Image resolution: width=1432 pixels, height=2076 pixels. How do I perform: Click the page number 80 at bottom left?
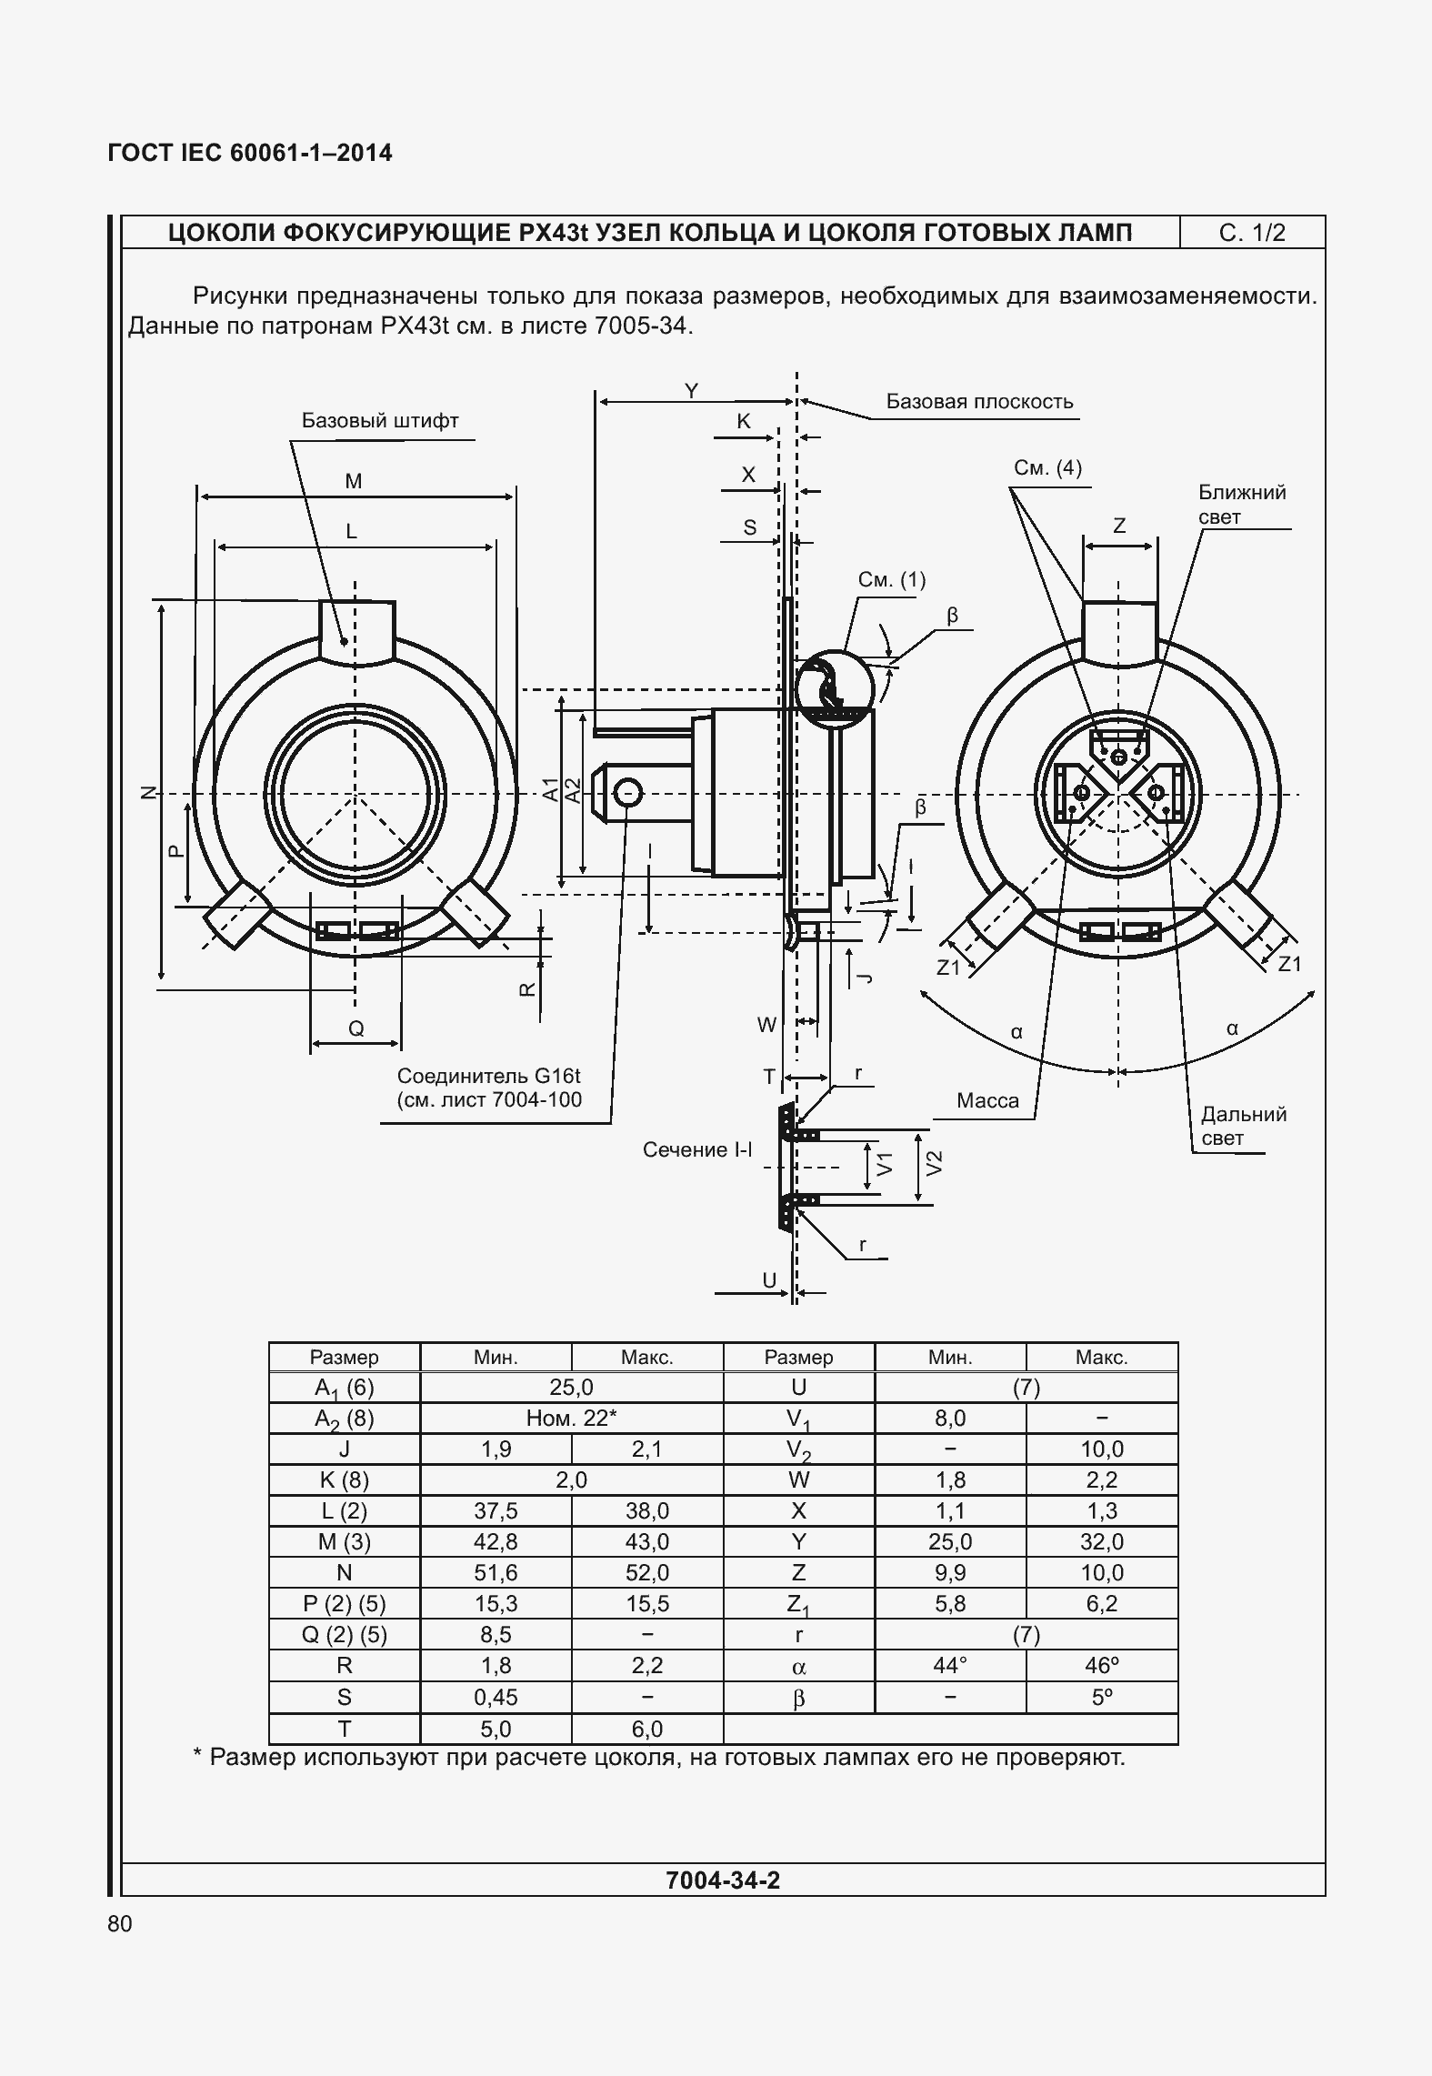120,1923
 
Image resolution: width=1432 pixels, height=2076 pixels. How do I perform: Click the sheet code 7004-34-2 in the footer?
722,1880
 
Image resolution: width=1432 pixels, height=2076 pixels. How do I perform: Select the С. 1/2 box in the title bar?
1252,233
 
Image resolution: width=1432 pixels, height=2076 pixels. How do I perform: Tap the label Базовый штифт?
380,421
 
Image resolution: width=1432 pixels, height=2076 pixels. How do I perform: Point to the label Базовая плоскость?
979,402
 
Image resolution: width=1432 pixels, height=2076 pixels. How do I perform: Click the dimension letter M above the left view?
354,482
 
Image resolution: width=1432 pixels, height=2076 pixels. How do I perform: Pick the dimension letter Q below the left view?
356,1028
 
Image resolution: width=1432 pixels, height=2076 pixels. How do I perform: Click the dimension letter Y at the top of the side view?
691,391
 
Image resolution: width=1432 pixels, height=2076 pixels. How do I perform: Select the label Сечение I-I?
697,1149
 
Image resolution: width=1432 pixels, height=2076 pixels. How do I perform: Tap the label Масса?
987,1100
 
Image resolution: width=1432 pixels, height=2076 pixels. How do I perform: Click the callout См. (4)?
1047,468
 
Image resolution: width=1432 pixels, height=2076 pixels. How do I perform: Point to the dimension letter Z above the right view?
1119,526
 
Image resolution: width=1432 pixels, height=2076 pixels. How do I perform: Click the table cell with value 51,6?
496,1572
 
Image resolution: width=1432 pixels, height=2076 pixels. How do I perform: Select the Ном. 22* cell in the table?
571,1418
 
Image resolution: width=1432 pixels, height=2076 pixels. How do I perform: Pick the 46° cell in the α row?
1101,1665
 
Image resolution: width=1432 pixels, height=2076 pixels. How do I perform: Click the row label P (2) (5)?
344,1603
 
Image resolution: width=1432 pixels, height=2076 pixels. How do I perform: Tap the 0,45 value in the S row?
496,1697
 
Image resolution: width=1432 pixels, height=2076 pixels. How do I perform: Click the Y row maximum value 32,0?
1101,1541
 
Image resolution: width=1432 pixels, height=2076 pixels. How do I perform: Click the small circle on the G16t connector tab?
627,794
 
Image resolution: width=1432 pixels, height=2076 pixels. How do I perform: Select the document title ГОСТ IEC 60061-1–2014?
250,153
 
